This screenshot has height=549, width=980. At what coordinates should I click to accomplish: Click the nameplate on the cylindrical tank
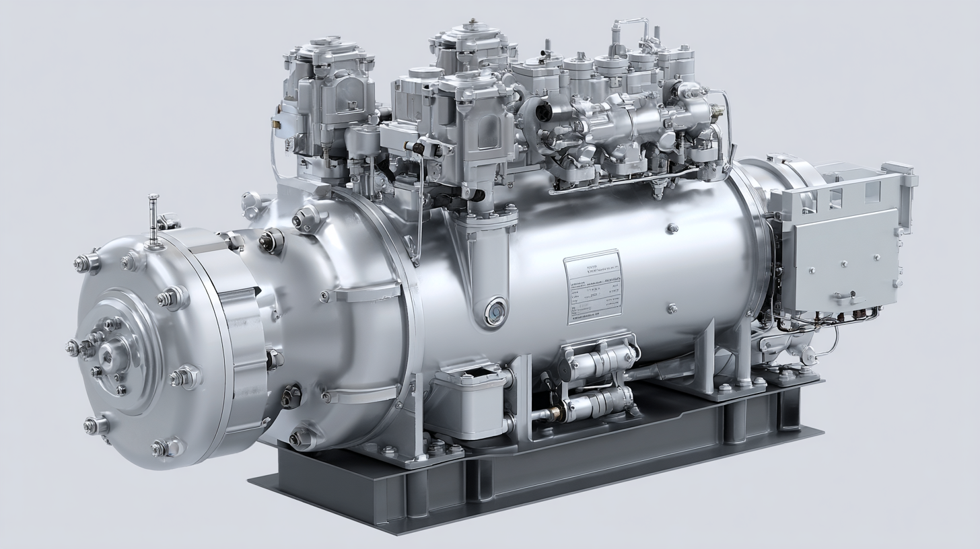(x=593, y=287)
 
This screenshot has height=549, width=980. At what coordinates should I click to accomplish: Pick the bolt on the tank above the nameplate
(x=671, y=229)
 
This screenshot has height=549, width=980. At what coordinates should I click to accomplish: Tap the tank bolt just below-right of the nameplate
(x=671, y=309)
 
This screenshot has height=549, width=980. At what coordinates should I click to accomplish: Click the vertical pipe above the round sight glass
(x=485, y=262)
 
